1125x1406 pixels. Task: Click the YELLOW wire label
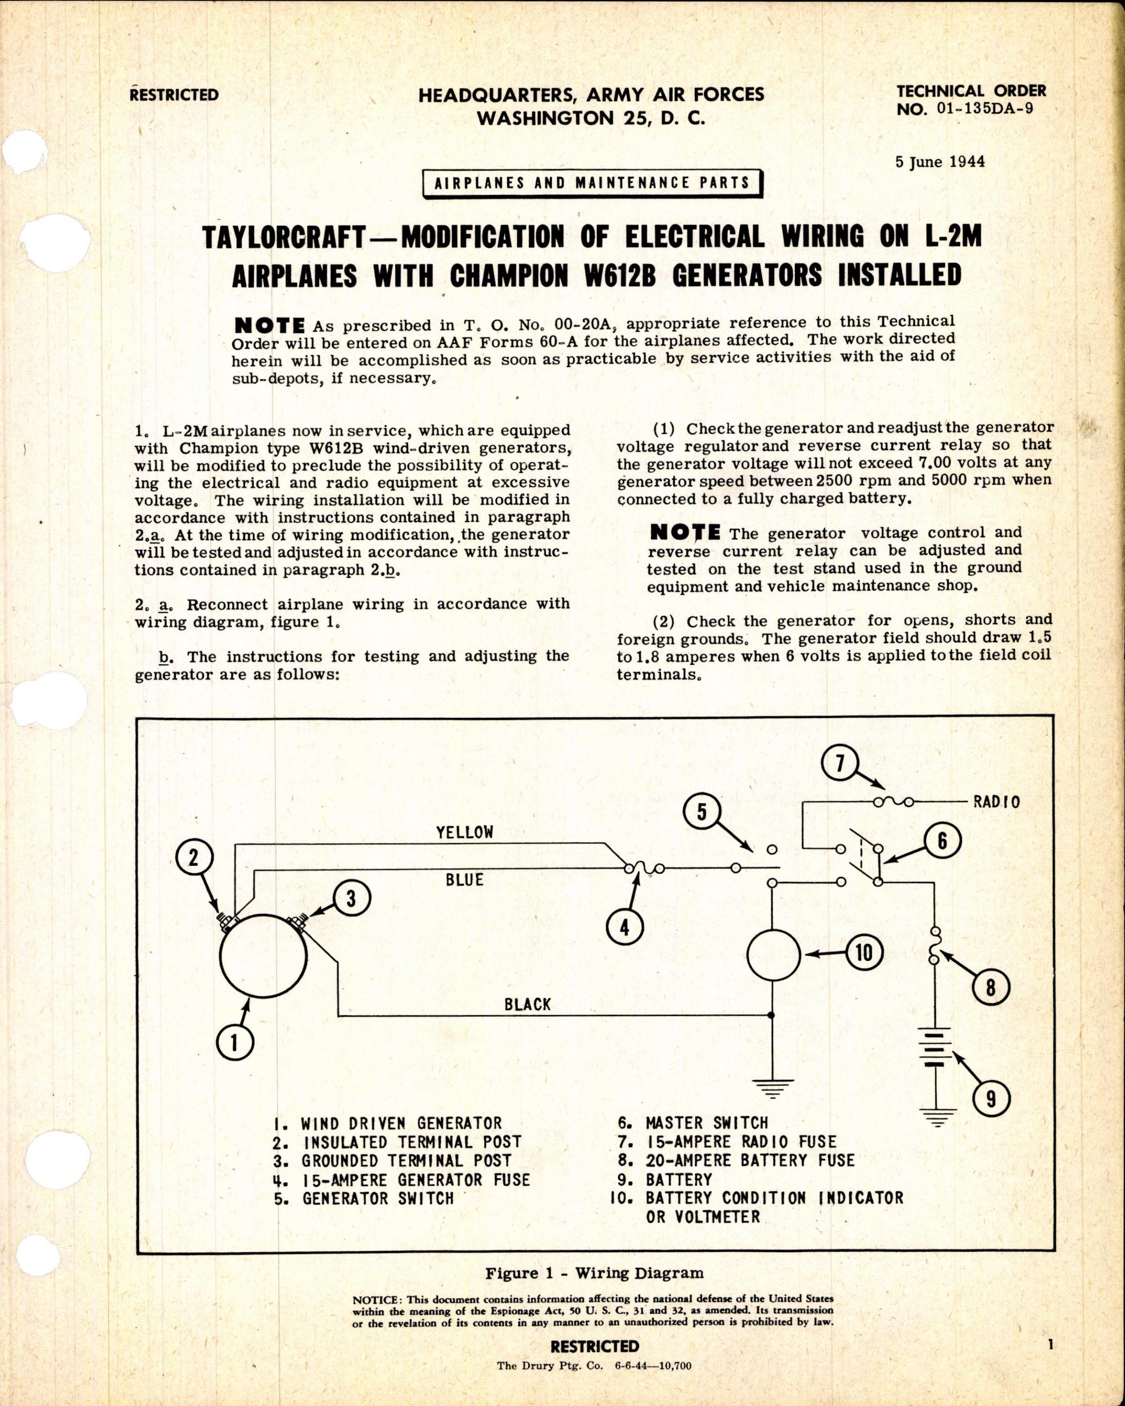pyautogui.click(x=465, y=832)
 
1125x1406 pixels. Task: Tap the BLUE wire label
pyautogui.click(x=465, y=880)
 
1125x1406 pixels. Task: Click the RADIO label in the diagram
pyautogui.click(x=996, y=801)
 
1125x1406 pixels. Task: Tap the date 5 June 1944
pyautogui.click(x=940, y=162)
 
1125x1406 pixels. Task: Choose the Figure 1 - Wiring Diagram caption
pyautogui.click(x=594, y=1291)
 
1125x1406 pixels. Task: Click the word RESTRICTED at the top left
pyautogui.click(x=174, y=95)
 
